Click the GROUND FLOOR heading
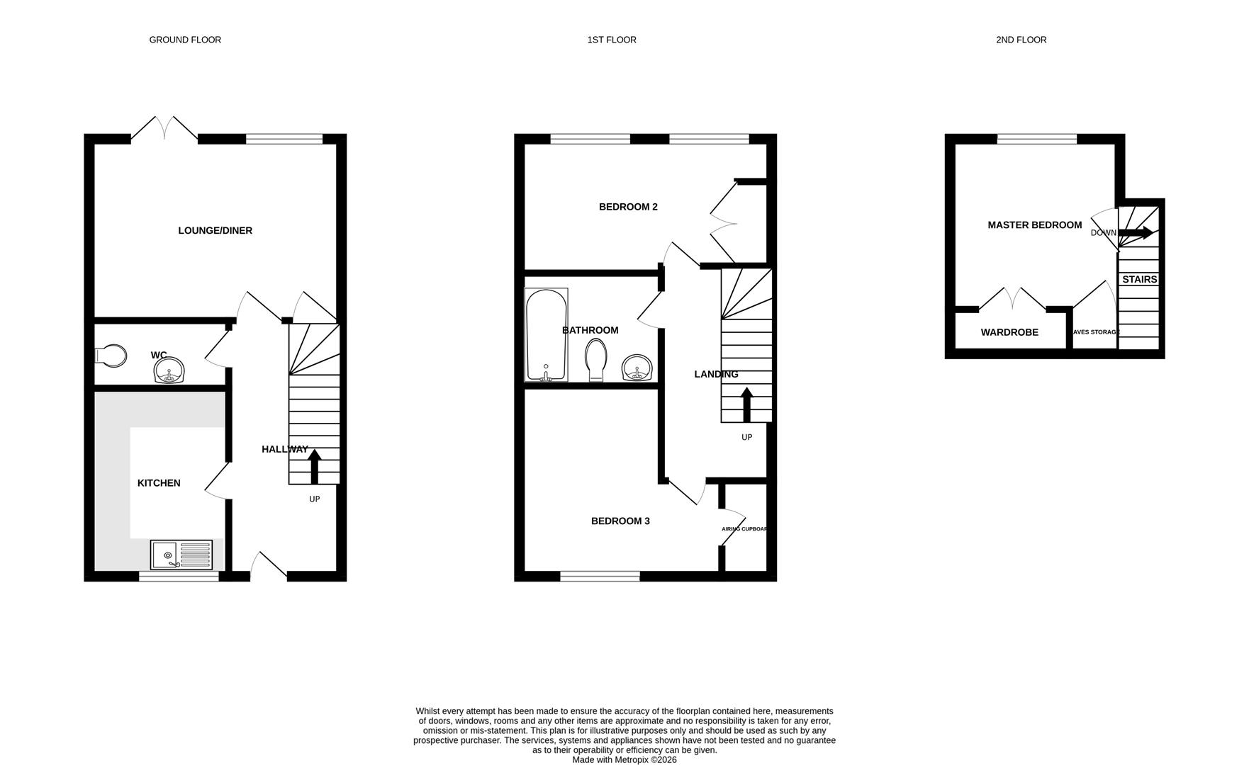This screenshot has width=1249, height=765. point(185,40)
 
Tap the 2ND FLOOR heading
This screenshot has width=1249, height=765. point(1021,40)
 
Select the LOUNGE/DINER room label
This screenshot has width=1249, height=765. point(215,230)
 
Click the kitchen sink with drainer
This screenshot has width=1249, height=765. point(181,555)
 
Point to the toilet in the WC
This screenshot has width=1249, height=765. point(111,356)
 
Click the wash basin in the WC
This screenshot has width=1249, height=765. point(169,370)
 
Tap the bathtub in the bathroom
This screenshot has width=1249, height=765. point(546,334)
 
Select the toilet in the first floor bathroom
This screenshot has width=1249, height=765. point(596,360)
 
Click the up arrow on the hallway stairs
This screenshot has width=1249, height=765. point(315,466)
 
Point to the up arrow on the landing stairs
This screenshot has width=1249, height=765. point(746,404)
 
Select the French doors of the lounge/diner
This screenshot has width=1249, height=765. point(164,129)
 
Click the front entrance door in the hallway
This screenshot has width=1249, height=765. point(269,565)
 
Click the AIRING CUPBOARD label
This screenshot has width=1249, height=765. point(744,528)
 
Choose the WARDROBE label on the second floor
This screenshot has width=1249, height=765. point(1009,332)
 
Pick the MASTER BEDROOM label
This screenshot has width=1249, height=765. point(1034,225)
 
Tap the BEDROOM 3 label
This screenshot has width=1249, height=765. point(620,521)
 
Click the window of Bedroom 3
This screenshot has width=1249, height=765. point(600,577)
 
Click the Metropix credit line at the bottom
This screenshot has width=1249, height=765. point(624,759)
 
